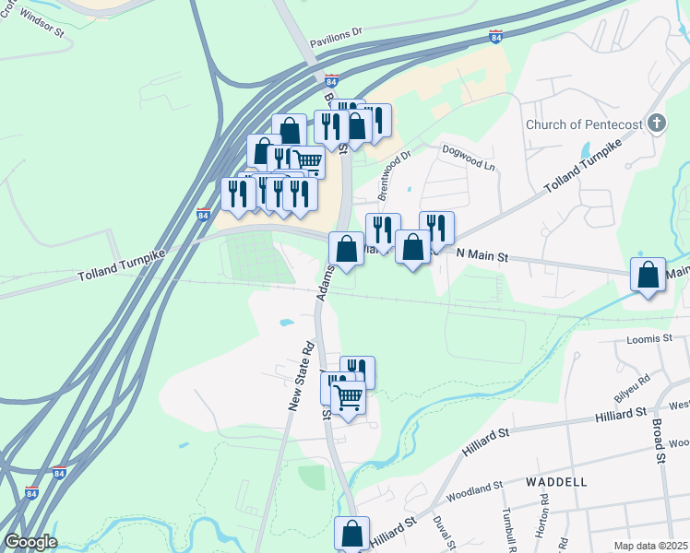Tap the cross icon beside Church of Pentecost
[657, 123]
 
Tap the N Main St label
[482, 253]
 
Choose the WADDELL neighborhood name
[556, 482]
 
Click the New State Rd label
[300, 376]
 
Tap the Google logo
[30, 542]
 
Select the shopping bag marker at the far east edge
[648, 275]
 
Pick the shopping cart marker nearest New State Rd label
[348, 399]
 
